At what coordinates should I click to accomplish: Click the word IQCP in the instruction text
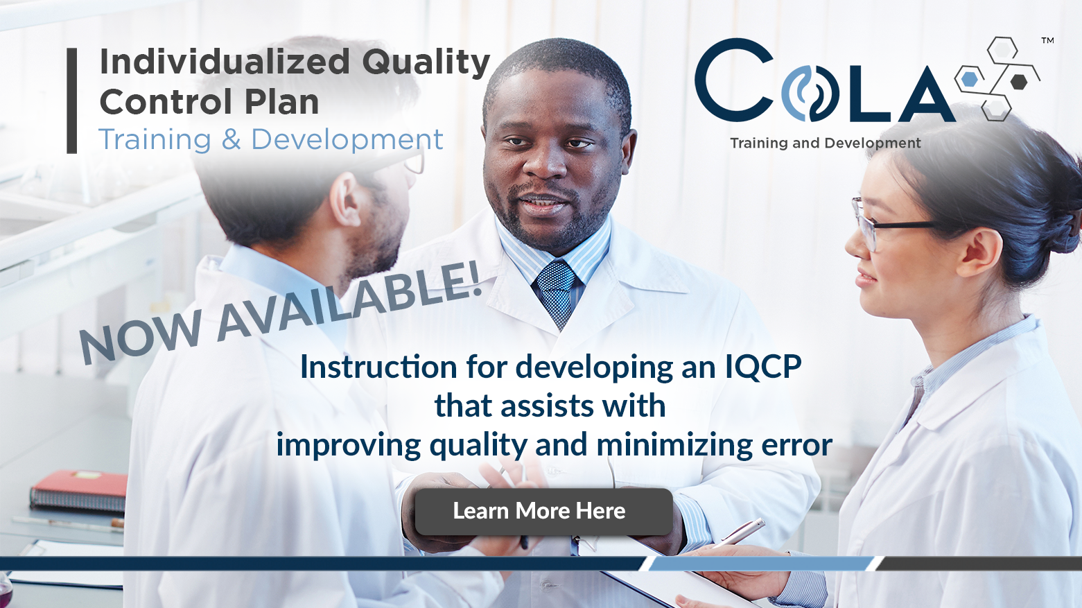(x=763, y=367)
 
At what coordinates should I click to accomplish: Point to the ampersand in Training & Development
(x=231, y=140)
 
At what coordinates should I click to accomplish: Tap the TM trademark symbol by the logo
(x=1047, y=41)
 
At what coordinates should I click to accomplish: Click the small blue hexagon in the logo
(x=970, y=79)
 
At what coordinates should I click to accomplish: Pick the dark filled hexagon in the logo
(x=1018, y=82)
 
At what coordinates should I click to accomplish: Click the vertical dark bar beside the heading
(x=71, y=101)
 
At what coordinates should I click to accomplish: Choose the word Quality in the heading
(x=426, y=62)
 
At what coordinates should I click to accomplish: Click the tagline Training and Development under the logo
(x=825, y=144)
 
